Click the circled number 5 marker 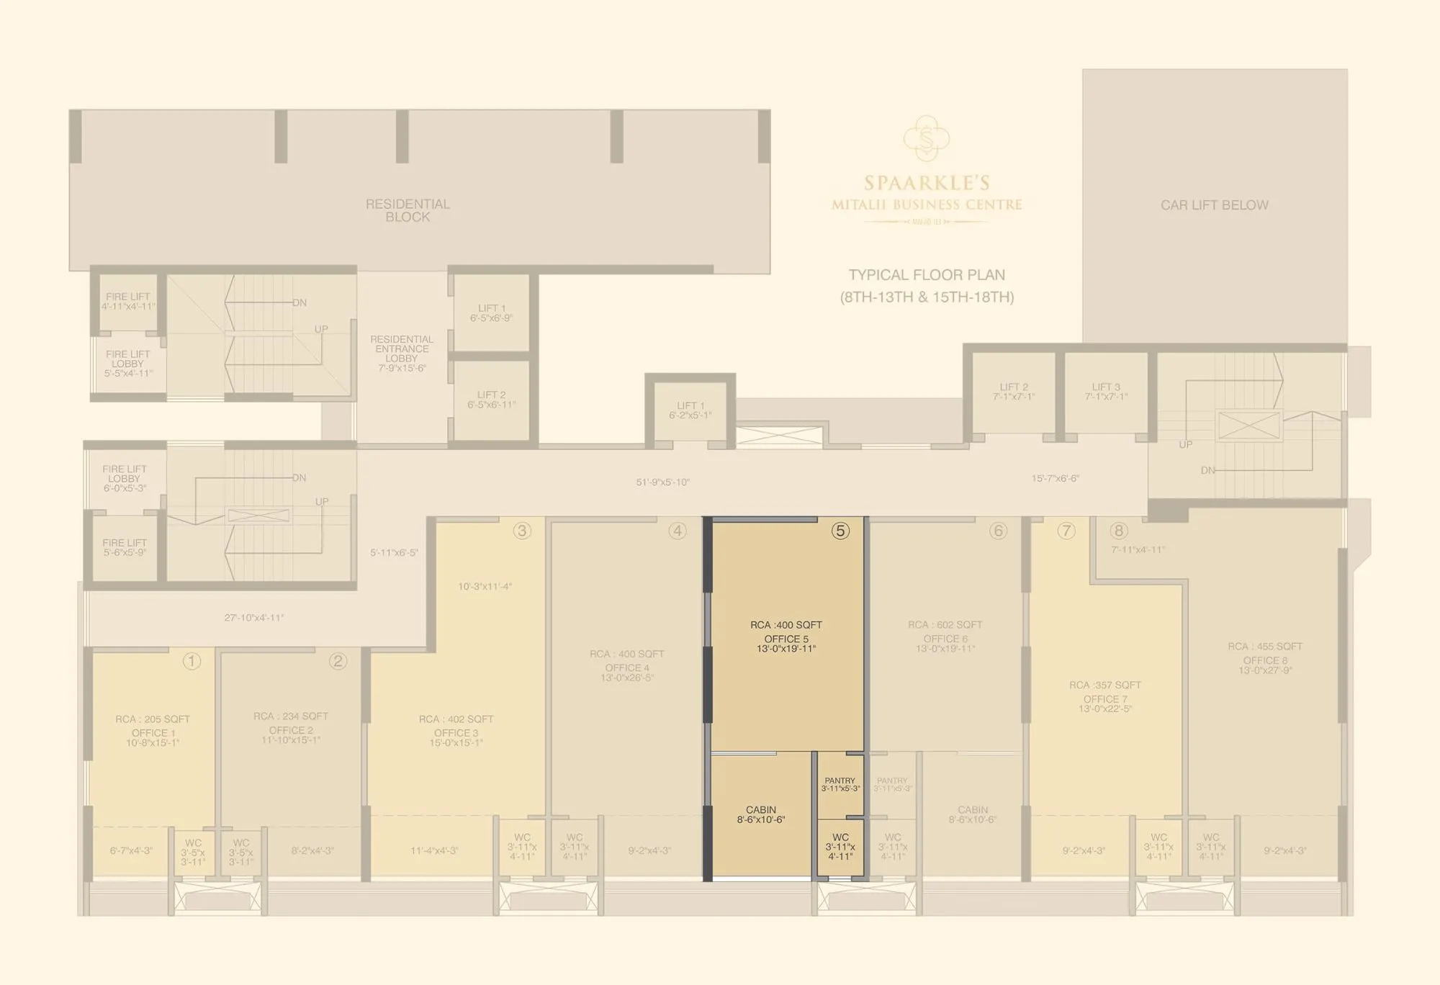[x=840, y=531]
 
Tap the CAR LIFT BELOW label [x=1214, y=205]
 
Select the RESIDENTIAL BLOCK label [x=408, y=210]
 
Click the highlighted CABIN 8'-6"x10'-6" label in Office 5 [x=761, y=815]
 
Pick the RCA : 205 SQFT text [x=153, y=719]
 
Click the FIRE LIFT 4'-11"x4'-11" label [x=128, y=301]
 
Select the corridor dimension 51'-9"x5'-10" [x=662, y=482]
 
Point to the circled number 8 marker [x=1118, y=531]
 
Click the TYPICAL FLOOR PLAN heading [x=927, y=275]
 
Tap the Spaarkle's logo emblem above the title [x=927, y=138]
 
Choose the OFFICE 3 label [x=456, y=733]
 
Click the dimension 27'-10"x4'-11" [x=253, y=618]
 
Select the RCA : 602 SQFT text [x=945, y=625]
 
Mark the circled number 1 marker [x=192, y=661]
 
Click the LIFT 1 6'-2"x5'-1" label [x=690, y=410]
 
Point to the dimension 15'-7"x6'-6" [x=1055, y=478]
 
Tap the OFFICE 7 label [x=1105, y=699]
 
